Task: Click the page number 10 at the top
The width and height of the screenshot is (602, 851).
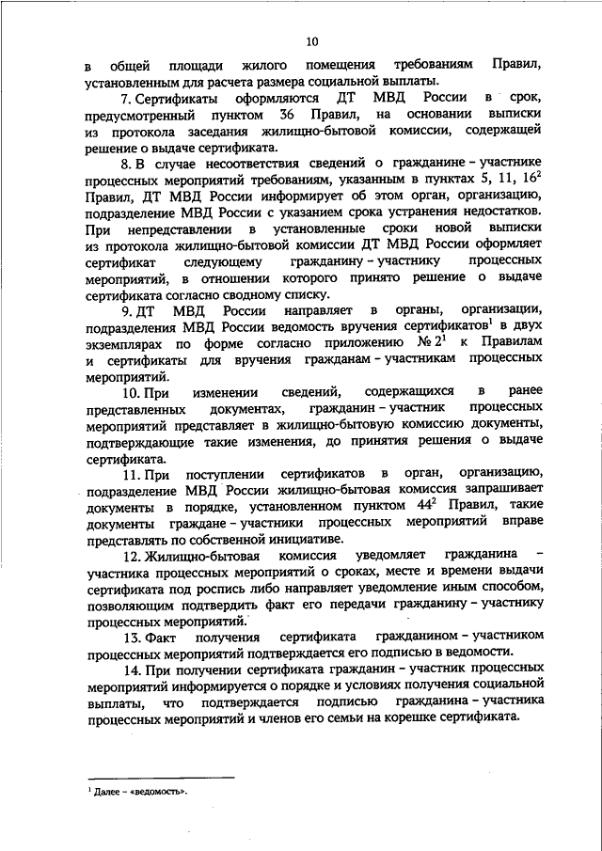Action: [311, 41]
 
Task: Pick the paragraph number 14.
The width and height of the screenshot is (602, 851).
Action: [128, 667]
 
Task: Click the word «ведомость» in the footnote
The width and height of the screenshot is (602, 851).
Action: [156, 791]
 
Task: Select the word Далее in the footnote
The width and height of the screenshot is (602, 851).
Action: [104, 791]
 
